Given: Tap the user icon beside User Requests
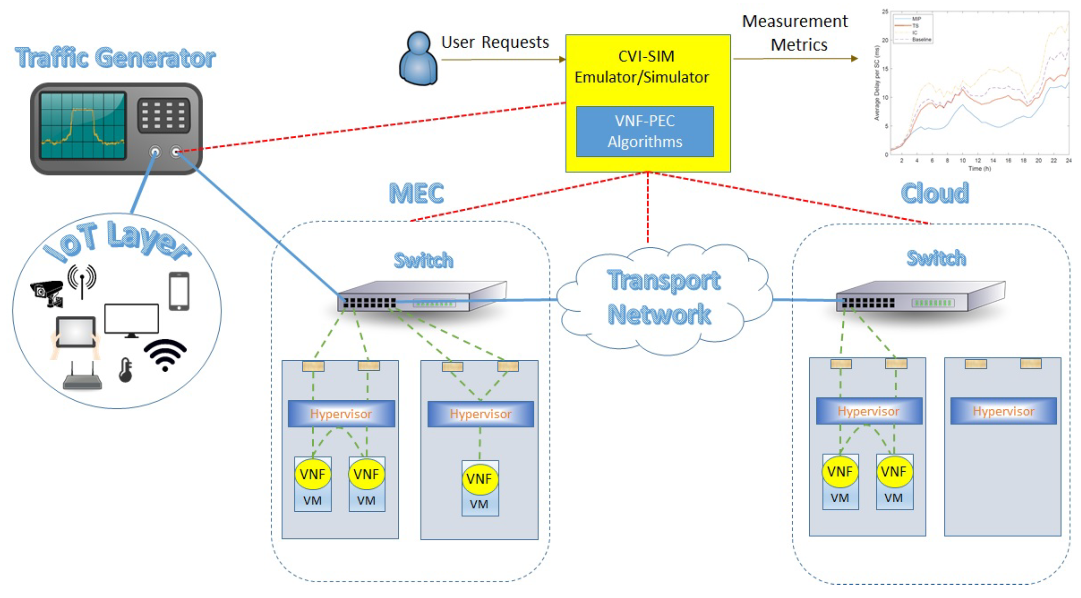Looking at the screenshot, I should (x=418, y=59).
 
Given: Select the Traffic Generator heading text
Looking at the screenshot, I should (x=115, y=58).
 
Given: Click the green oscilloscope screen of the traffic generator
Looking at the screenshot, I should (x=83, y=125).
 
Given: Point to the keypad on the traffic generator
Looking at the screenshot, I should (x=164, y=116).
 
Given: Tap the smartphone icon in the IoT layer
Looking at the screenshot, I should (x=179, y=291).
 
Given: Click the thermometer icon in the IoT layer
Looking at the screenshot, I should (x=125, y=370).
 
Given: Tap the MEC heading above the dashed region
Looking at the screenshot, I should (x=416, y=193).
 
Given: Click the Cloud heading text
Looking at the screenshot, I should (x=935, y=193).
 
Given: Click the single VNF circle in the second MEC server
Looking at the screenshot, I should (x=480, y=479).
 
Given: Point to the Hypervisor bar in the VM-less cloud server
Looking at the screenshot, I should (x=1003, y=411).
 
